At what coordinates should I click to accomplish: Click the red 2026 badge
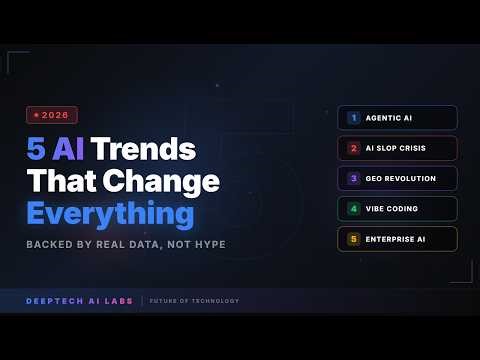(52, 115)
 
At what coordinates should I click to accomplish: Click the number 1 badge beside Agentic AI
(353, 118)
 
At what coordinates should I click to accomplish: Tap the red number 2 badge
(353, 148)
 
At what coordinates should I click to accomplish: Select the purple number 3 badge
(353, 178)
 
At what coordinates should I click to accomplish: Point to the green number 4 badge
(353, 209)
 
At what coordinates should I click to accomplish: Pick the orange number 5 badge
(353, 239)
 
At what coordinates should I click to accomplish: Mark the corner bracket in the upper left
(13, 58)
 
